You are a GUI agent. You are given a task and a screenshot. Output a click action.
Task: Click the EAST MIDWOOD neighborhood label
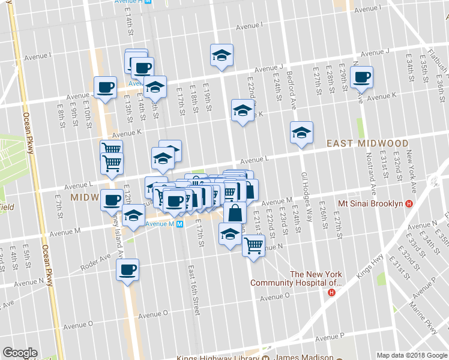(x=367, y=144)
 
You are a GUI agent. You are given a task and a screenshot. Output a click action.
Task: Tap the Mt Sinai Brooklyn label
(x=370, y=203)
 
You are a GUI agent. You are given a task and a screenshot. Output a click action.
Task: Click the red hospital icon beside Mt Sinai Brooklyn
(x=409, y=203)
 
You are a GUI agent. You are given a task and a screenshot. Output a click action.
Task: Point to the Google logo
(x=20, y=353)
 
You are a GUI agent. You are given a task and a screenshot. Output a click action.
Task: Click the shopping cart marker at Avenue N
(x=254, y=244)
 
